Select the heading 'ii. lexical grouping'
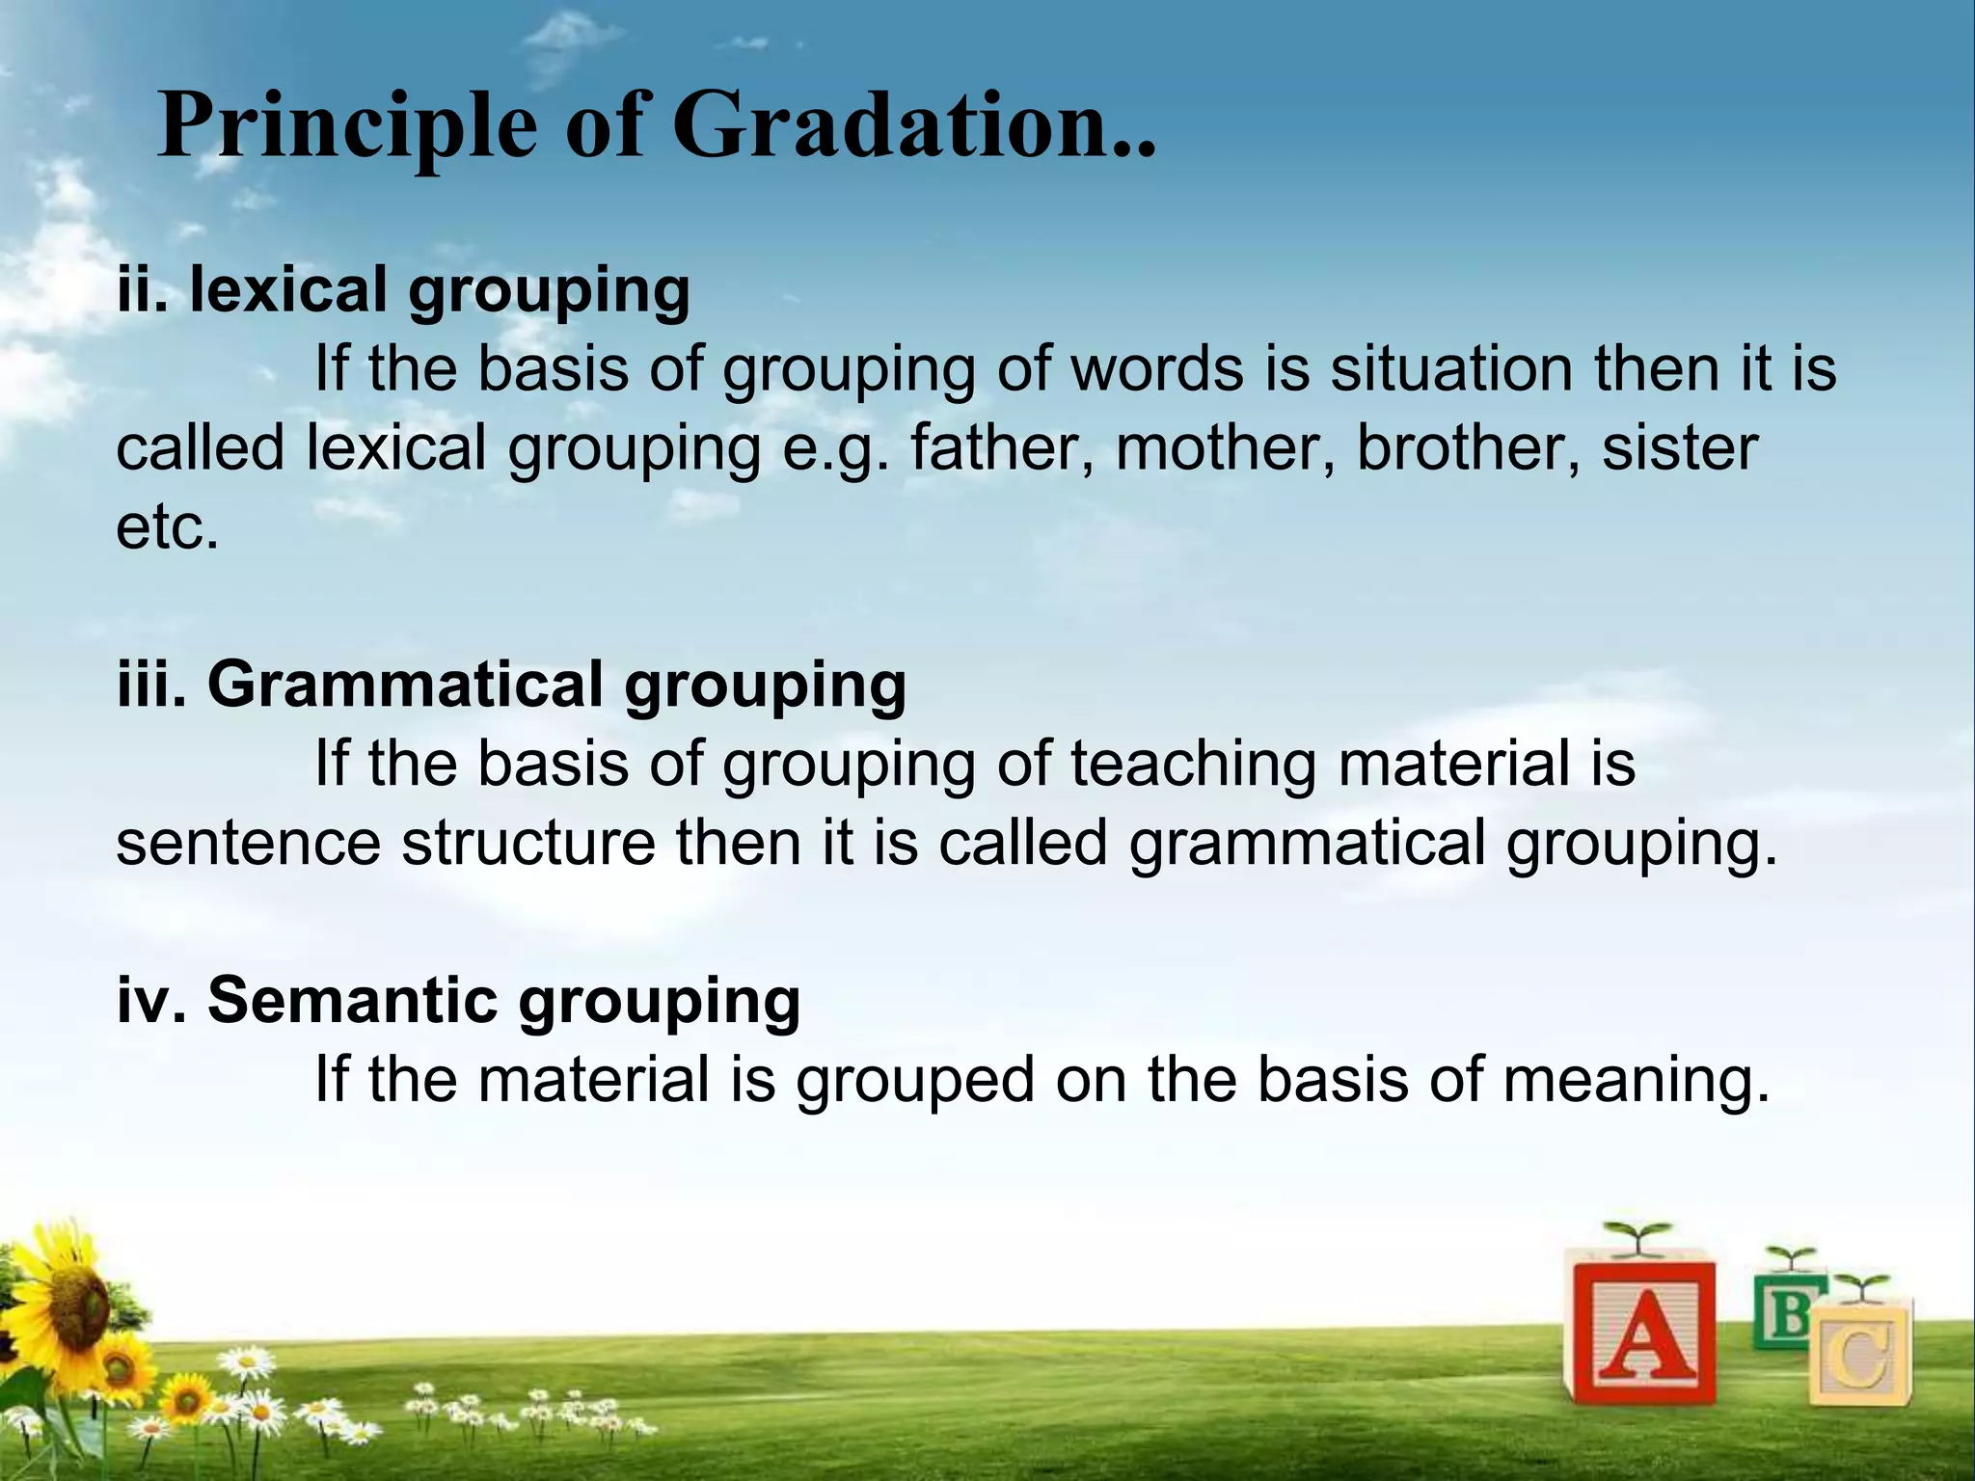[403, 290]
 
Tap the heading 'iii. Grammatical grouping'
[511, 684]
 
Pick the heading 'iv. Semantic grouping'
[458, 1000]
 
